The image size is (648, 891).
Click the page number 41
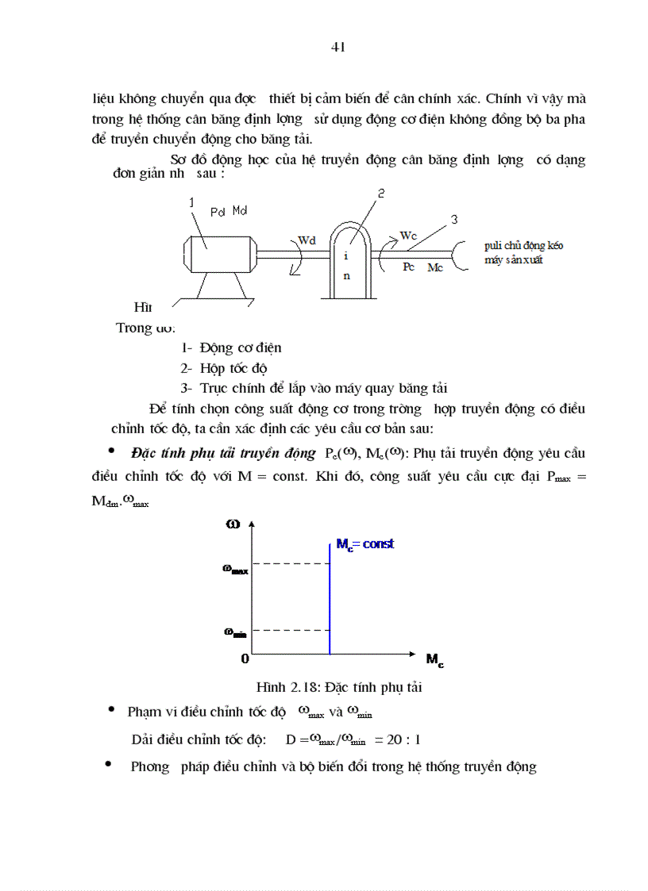(337, 47)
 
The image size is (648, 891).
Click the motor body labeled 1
(214, 245)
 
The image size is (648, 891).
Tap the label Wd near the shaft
(307, 239)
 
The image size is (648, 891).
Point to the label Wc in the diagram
(408, 236)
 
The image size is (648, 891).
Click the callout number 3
(454, 220)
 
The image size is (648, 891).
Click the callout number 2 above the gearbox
(381, 194)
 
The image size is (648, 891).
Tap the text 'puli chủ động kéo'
(523, 247)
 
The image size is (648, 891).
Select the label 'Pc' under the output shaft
(409, 267)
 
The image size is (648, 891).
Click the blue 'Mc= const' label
(364, 544)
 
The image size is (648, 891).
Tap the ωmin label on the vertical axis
(234, 632)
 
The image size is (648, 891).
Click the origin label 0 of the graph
(245, 659)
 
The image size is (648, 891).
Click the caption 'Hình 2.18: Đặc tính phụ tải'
(338, 687)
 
